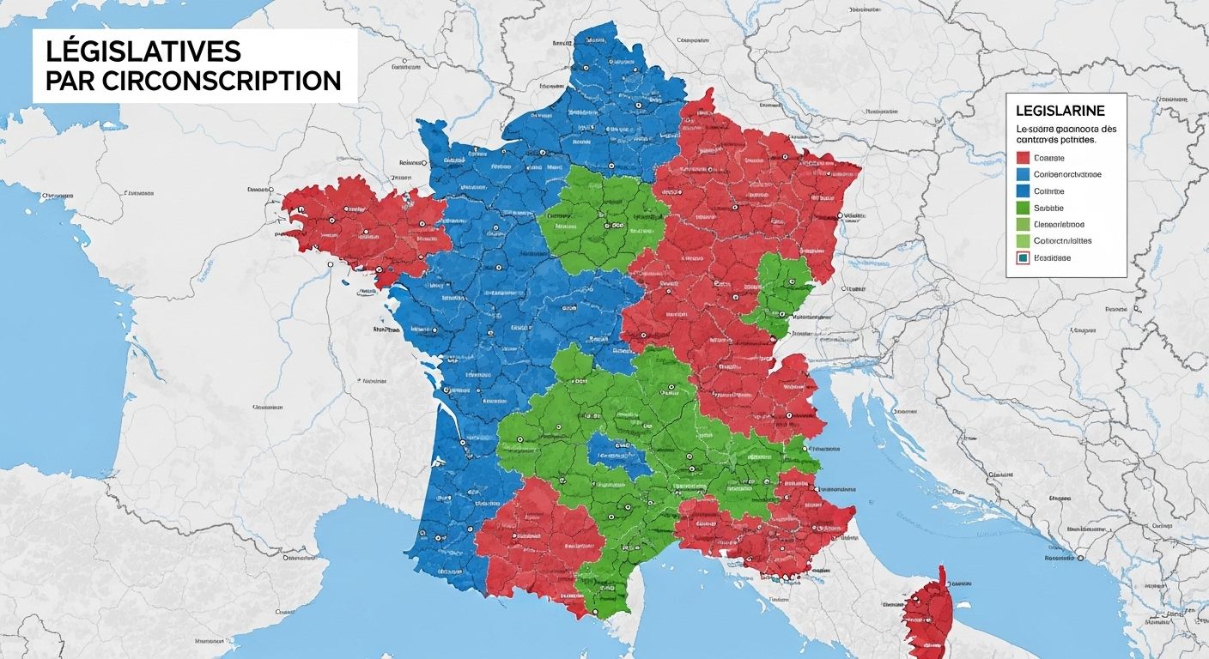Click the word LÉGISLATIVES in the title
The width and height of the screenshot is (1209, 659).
tap(143, 51)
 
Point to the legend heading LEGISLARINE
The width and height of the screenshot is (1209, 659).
tap(1060, 111)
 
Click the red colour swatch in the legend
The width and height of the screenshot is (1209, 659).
tap(1022, 158)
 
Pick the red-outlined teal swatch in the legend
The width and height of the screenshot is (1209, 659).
tap(1022, 257)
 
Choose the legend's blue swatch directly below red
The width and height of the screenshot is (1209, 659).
tap(1022, 174)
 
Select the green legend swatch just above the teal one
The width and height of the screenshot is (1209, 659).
tap(1022, 241)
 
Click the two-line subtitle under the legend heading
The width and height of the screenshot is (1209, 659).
tap(1066, 134)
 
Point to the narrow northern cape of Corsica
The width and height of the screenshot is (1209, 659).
tap(942, 573)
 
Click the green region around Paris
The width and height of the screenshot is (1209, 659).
tap(601, 219)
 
